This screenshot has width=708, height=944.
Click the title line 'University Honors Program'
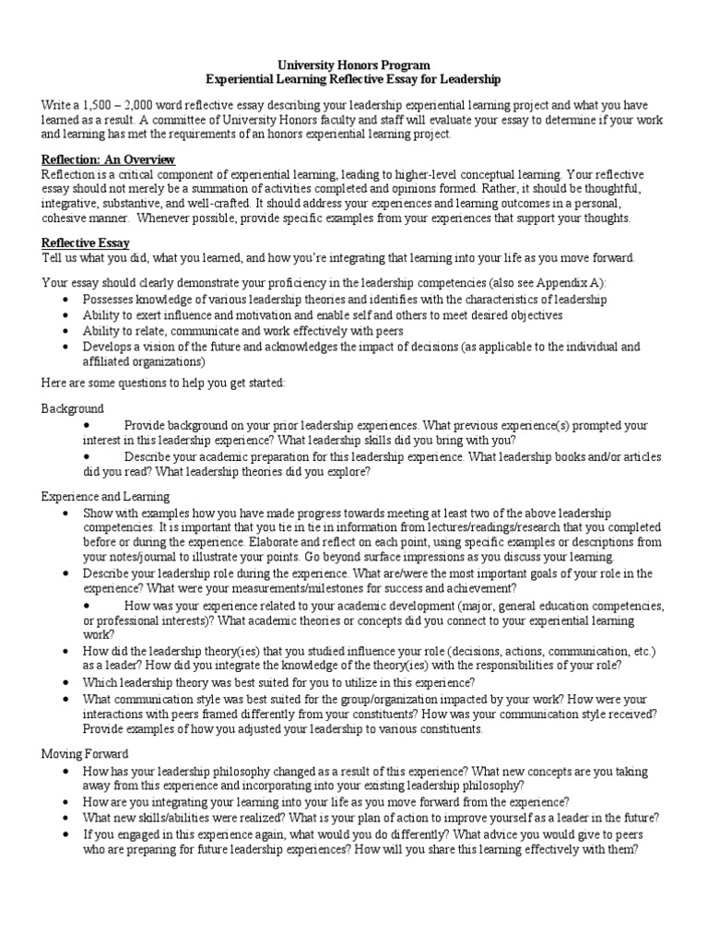pos(354,66)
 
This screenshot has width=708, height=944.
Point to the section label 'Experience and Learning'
pos(106,496)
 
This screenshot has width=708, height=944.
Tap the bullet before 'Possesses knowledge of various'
pos(63,300)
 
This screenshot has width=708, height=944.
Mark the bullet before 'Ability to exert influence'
pos(63,315)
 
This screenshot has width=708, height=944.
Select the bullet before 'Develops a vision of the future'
pos(63,347)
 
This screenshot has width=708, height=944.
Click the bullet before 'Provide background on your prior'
pos(88,425)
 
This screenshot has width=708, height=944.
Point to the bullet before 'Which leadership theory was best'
pos(63,683)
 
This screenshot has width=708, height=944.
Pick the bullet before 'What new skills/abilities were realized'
pos(63,818)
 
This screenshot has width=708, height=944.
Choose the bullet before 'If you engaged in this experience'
pos(63,833)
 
